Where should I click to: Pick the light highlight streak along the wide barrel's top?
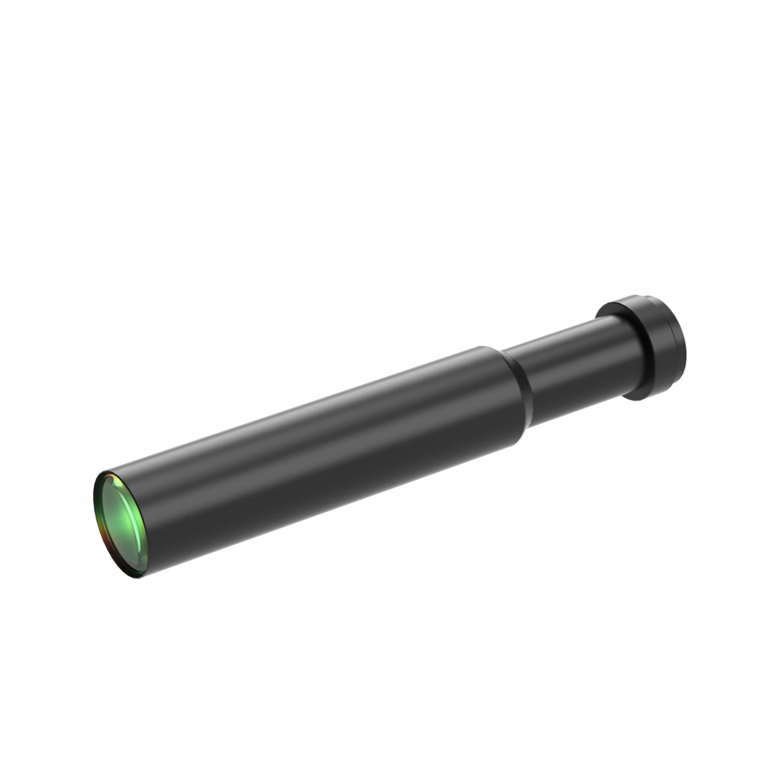click(303, 409)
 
